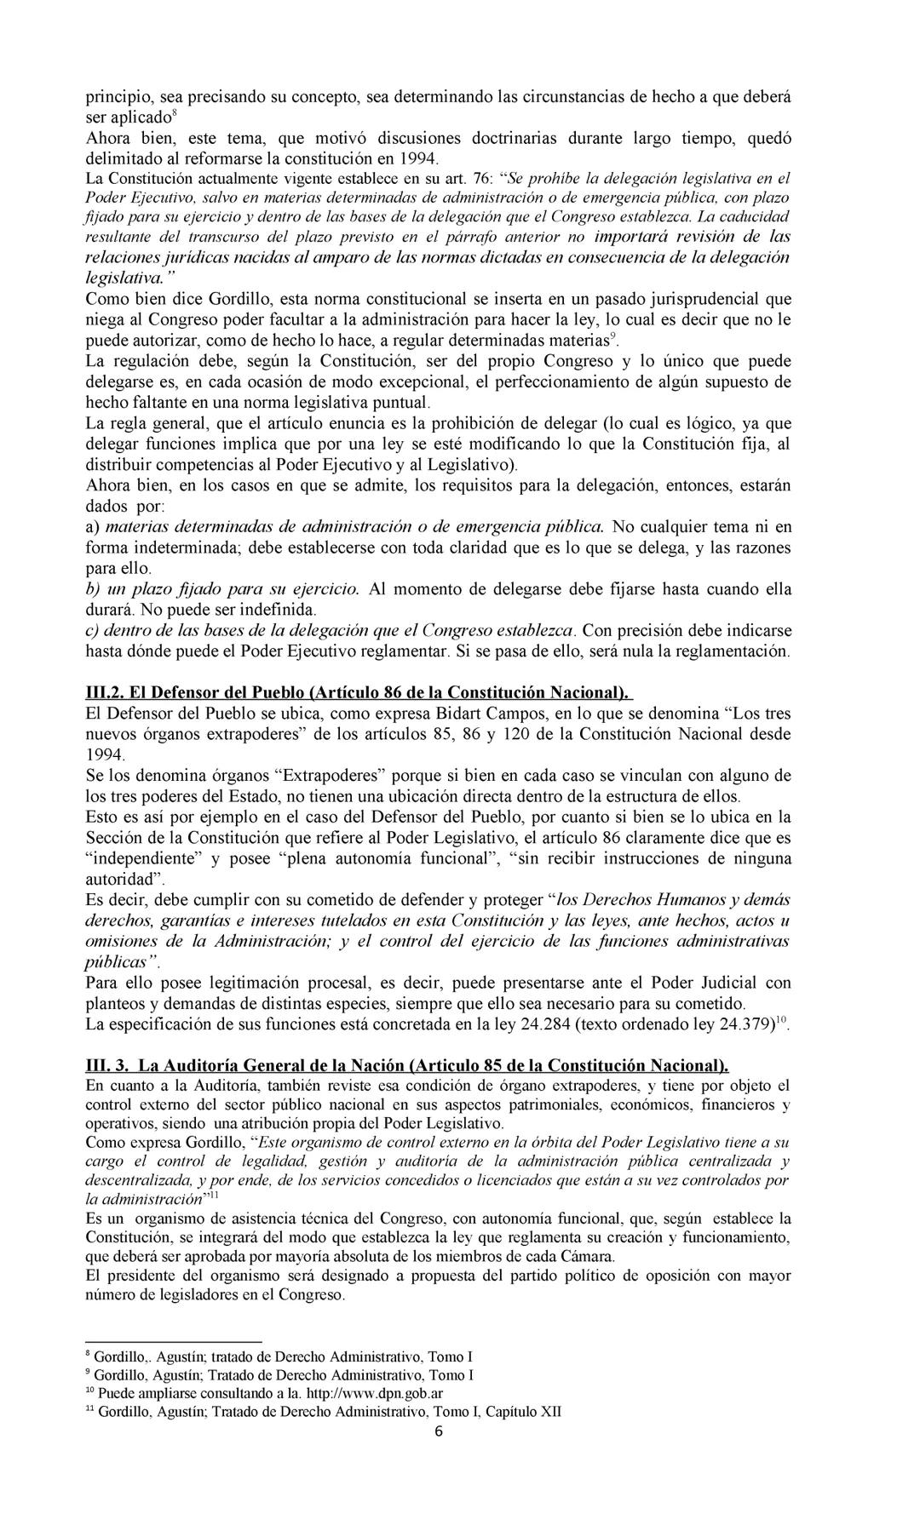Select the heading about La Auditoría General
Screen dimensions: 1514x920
pos(408,1065)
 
